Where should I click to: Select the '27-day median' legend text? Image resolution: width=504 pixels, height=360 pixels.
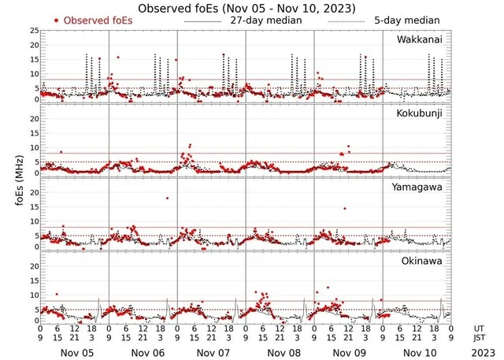[x=266, y=20]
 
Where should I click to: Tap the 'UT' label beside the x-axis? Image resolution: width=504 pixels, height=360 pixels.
[x=480, y=327]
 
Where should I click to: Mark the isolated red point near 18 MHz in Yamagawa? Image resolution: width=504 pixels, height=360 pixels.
[x=167, y=198]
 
